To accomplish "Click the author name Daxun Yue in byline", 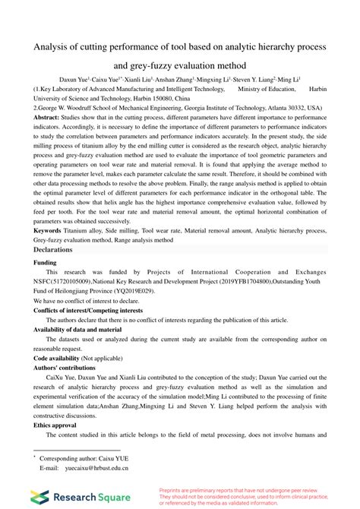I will pyautogui.click(x=74, y=78).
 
